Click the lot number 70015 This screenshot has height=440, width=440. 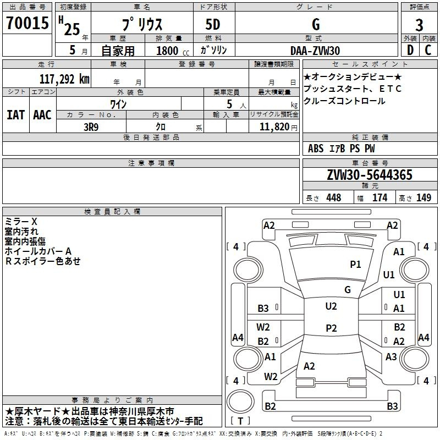click(x=28, y=23)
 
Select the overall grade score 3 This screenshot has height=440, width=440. click(x=419, y=25)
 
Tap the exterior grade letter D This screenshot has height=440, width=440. click(x=410, y=50)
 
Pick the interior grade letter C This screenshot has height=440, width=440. click(x=428, y=50)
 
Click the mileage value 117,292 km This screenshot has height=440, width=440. click(x=64, y=79)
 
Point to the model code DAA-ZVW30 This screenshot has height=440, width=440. click(x=315, y=51)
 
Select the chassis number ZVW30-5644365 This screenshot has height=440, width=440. click(x=370, y=175)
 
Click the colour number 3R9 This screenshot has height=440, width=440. click(x=91, y=127)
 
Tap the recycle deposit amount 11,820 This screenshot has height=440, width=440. click(x=274, y=127)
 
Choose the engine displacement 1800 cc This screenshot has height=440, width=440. click(x=173, y=51)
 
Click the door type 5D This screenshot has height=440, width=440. click(x=213, y=25)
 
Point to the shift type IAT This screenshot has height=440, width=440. click(x=15, y=115)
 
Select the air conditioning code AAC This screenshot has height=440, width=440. click(x=42, y=115)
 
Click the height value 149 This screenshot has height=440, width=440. click(x=424, y=197)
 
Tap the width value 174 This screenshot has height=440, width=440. click(x=380, y=197)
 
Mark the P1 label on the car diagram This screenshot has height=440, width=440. click(x=355, y=265)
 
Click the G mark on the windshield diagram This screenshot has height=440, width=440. click(x=348, y=290)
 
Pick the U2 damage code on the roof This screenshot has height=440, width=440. click(x=331, y=306)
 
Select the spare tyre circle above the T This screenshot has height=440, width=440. click(x=240, y=402)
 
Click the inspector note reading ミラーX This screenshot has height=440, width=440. click(x=21, y=222)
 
